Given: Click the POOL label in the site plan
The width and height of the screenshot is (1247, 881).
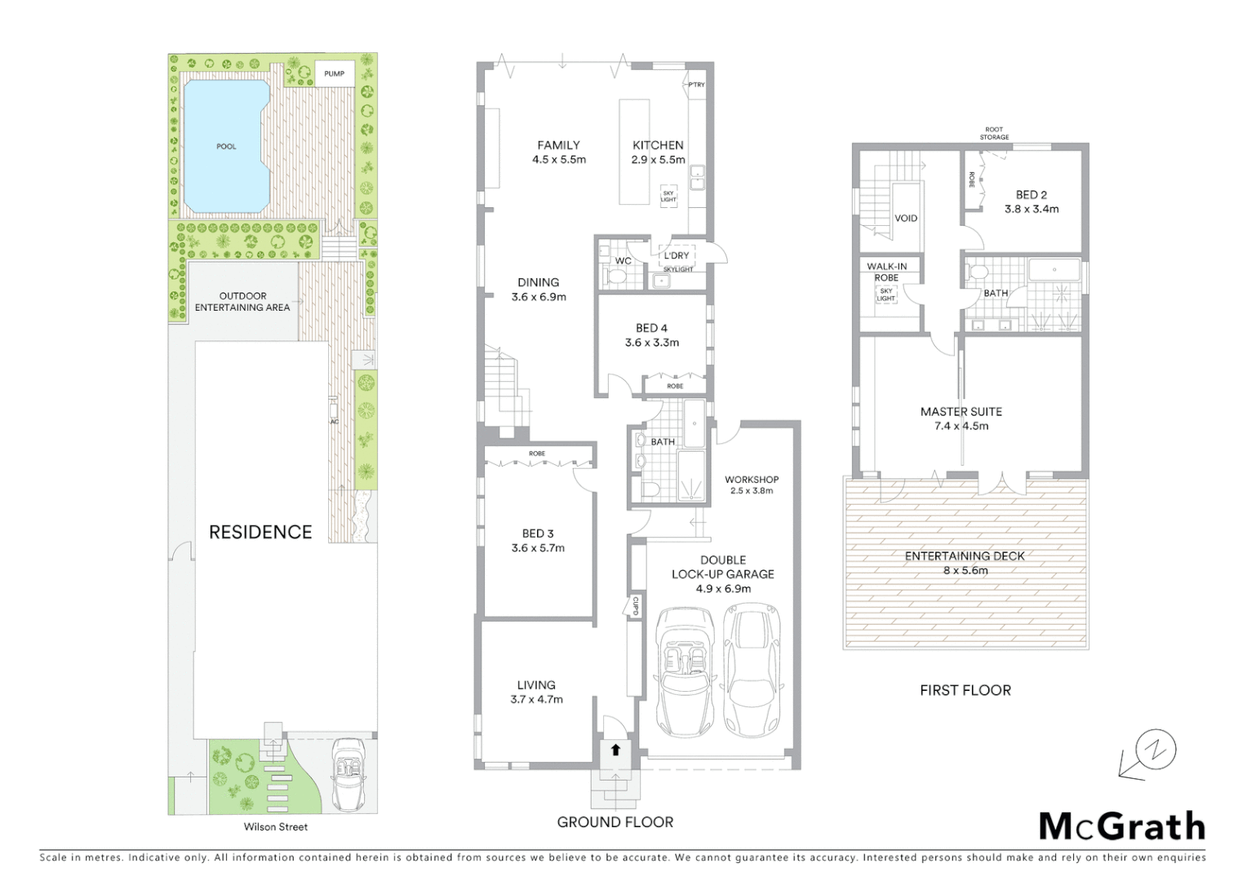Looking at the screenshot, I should click(226, 147).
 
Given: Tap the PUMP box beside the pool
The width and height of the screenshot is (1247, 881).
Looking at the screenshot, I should click(334, 74).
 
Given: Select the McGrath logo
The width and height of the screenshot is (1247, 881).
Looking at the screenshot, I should click(1122, 826).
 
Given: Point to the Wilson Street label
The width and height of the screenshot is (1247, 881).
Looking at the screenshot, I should click(276, 827).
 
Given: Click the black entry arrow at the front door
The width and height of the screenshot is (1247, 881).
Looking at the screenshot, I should click(615, 750).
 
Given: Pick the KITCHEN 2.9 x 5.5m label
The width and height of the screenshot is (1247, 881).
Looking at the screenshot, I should click(658, 153).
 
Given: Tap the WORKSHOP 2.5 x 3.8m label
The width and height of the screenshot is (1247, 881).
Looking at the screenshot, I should click(752, 485).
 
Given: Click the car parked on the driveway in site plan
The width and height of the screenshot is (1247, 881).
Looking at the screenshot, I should click(350, 774).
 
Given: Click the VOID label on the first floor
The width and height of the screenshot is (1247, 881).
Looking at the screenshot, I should click(906, 219).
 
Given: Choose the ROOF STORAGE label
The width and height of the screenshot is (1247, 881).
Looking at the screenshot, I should click(994, 133).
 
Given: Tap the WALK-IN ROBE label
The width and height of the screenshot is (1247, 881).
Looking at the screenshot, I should click(886, 272).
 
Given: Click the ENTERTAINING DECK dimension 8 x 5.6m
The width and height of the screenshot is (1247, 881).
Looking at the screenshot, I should click(965, 571).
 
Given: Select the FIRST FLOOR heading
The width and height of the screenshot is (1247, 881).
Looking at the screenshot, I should click(965, 690).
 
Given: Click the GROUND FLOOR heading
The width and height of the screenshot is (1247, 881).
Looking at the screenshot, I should click(615, 822).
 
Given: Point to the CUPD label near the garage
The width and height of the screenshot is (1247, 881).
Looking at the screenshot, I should click(634, 605).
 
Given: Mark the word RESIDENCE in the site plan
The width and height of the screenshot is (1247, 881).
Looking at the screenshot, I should click(260, 533).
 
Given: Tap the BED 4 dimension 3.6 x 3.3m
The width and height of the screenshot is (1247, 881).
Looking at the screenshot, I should click(651, 343).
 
